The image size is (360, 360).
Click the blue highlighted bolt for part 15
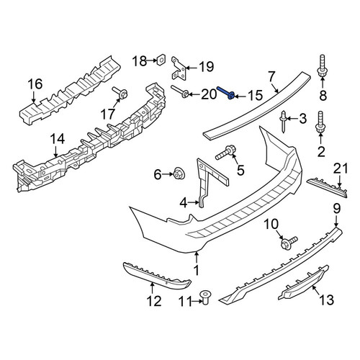(x=226, y=93)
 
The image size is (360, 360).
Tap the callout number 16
(x=35, y=84)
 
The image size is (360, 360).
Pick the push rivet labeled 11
(x=204, y=297)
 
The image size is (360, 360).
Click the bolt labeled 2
(x=320, y=123)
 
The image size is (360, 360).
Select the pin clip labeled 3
(x=284, y=121)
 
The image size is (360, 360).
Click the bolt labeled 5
(x=225, y=153)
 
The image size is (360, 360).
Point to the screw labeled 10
(x=289, y=243)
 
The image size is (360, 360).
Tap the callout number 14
(x=57, y=139)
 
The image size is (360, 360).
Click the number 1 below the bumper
(x=197, y=271)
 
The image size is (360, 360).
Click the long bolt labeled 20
(x=180, y=91)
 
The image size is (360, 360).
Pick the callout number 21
(x=341, y=168)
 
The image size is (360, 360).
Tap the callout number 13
(x=327, y=300)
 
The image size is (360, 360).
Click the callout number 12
(x=154, y=301)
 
